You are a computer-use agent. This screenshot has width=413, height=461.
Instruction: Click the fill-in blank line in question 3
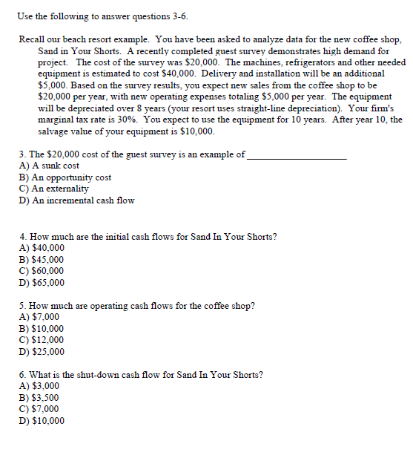297,157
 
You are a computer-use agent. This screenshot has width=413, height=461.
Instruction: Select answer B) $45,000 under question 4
42,260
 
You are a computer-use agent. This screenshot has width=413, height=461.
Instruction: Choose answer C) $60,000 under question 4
42,271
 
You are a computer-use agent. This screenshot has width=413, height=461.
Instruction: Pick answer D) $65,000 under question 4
42,283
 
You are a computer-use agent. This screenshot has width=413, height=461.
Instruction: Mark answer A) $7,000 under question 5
39,317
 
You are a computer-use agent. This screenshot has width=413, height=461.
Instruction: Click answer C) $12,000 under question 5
42,340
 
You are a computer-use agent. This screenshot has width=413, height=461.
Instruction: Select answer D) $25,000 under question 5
42,352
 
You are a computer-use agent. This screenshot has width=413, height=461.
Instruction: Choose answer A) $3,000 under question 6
39,386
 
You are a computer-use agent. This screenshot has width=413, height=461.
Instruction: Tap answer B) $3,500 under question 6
39,398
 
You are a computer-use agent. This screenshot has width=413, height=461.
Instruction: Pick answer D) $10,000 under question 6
42,421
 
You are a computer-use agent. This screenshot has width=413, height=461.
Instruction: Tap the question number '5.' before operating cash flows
23,306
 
